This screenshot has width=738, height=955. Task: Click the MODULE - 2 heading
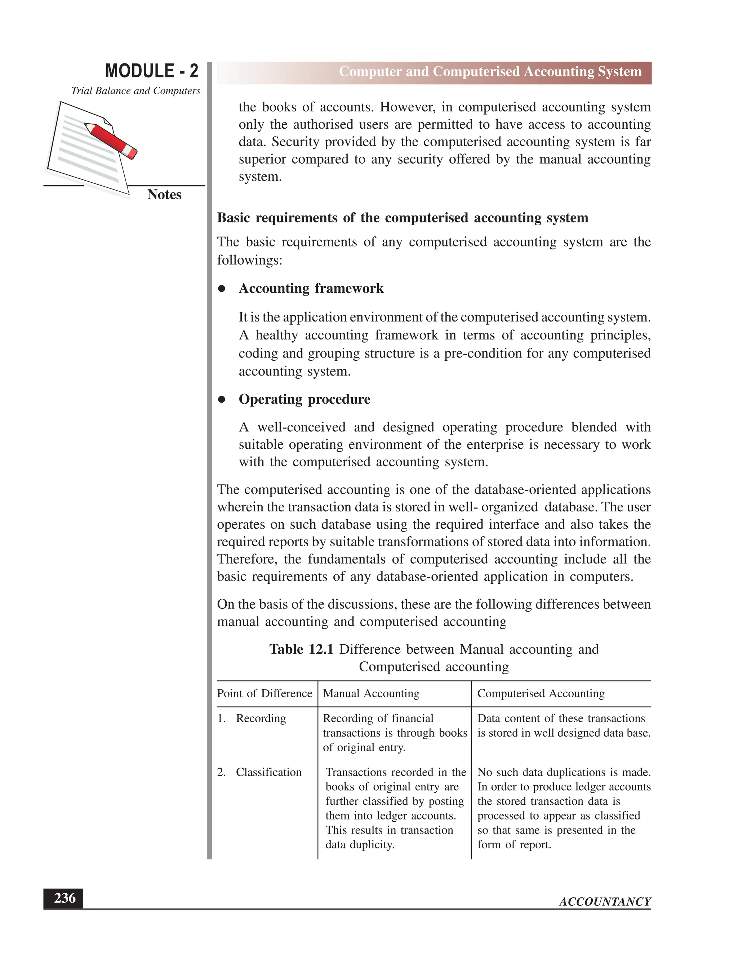[151, 71]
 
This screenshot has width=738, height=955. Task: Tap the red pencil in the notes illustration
[111, 140]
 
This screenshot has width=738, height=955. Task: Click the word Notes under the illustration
[164, 195]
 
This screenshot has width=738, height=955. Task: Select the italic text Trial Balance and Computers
[135, 91]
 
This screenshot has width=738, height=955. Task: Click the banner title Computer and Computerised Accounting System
[490, 72]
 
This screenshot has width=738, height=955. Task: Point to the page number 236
[64, 898]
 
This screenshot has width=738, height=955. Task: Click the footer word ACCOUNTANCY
[605, 902]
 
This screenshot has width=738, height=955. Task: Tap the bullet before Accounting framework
[222, 289]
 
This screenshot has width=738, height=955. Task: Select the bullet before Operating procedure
[222, 399]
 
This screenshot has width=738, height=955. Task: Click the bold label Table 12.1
[301, 649]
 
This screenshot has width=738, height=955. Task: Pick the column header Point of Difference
[264, 693]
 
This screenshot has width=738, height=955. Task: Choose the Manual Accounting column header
[371, 693]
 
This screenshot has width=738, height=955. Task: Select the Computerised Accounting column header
[541, 693]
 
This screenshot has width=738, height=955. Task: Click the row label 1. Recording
[252, 719]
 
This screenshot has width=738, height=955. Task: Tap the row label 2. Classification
[259, 772]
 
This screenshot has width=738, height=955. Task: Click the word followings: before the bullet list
[250, 260]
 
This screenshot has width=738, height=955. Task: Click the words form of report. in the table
[514, 844]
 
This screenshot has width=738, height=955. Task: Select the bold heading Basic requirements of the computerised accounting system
[402, 218]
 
